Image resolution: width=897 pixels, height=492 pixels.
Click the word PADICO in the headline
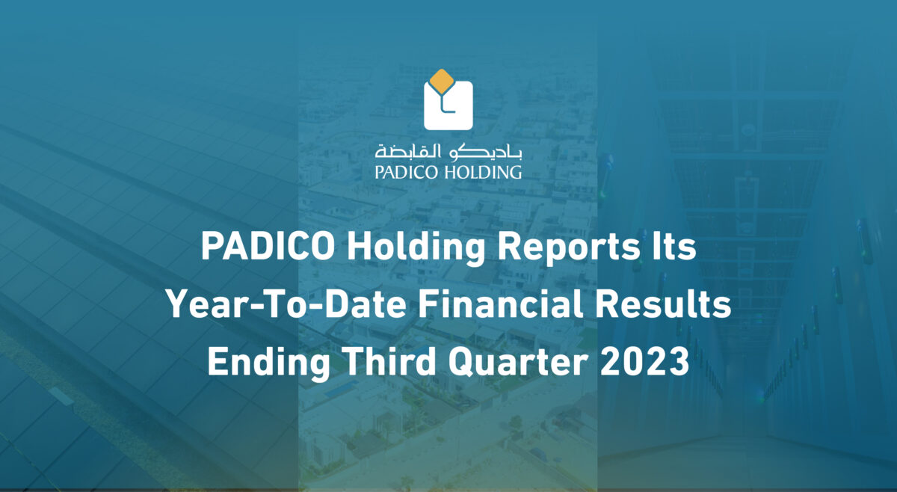(x=268, y=247)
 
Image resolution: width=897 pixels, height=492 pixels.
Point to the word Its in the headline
(x=674, y=247)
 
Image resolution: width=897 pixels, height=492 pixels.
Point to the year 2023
(x=644, y=361)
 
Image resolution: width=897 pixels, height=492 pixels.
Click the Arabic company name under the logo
(x=448, y=152)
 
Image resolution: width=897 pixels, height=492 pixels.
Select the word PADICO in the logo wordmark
(x=407, y=172)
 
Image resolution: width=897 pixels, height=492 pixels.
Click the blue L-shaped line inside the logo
(x=445, y=105)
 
